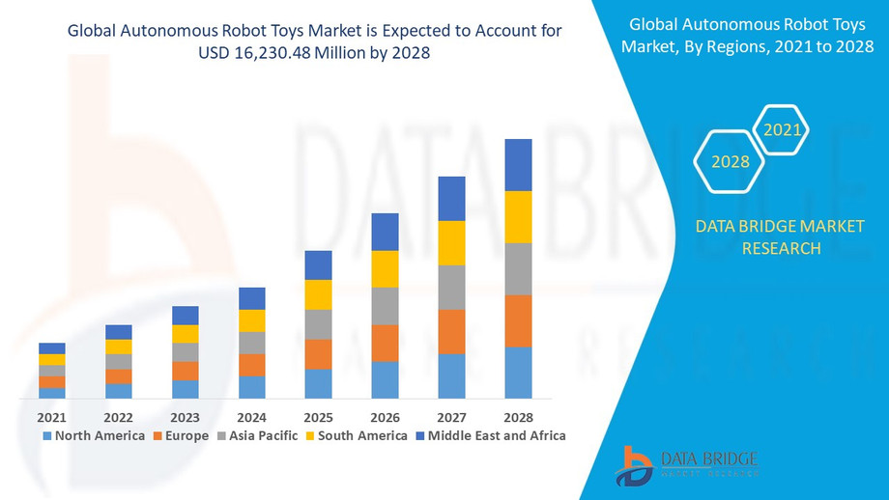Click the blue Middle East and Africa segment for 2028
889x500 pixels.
coord(518,165)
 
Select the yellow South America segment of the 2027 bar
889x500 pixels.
coord(451,243)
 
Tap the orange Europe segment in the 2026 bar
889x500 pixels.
coord(385,343)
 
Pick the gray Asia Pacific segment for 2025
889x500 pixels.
coord(318,324)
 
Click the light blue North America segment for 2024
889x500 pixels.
coord(251,387)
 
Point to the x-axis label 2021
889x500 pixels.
coord(51,417)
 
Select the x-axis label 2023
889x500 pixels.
coord(185,417)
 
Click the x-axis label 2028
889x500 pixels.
coord(518,417)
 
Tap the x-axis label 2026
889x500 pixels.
coord(385,417)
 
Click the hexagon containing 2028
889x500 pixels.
coord(731,161)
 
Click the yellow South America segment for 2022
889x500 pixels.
coord(118,347)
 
